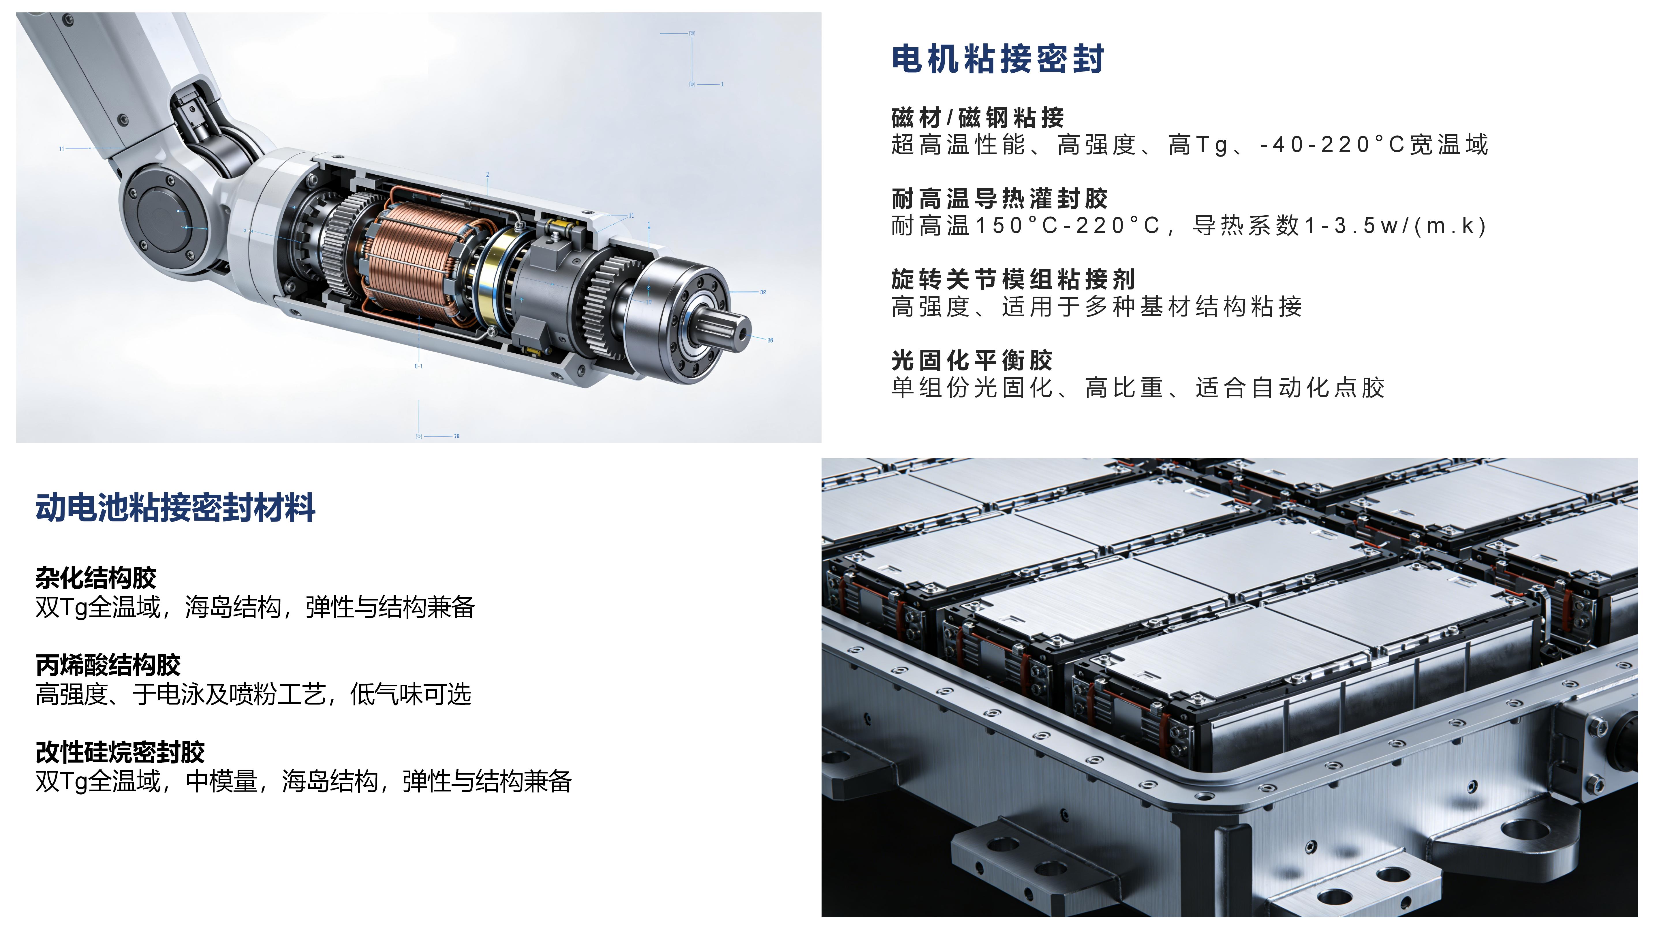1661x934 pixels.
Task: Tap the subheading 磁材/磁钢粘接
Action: click(x=978, y=118)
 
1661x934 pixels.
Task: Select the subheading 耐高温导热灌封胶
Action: click(x=999, y=199)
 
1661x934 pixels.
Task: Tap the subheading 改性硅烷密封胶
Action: click(x=120, y=752)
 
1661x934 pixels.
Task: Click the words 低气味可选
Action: click(x=411, y=694)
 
